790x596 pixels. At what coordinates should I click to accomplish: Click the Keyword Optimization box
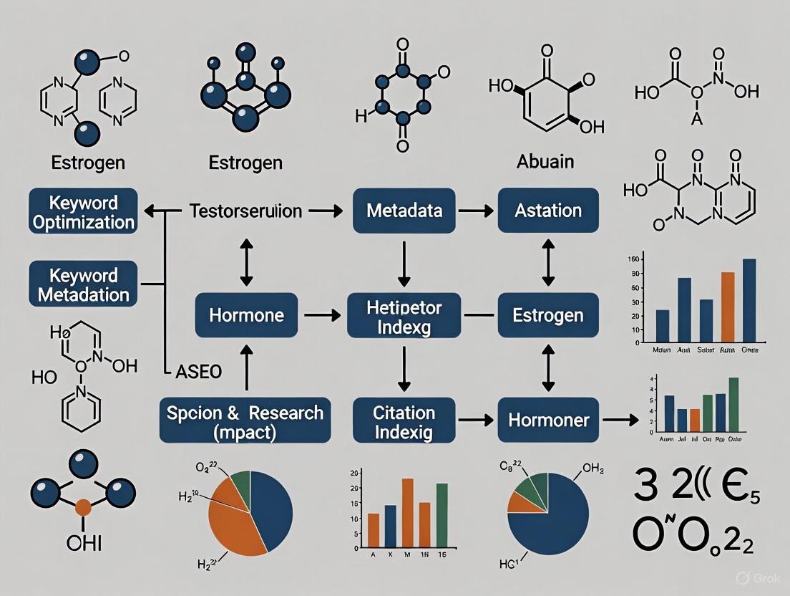point(84,211)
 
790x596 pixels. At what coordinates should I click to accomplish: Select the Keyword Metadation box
point(84,284)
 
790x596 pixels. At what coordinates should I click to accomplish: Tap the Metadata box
point(404,211)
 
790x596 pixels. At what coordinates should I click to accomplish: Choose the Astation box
point(548,211)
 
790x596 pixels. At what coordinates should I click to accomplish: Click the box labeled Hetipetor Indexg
point(404,315)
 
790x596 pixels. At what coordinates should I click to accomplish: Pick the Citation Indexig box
point(404,419)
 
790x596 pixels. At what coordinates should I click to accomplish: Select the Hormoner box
point(548,419)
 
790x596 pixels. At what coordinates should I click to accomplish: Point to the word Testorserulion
point(245,211)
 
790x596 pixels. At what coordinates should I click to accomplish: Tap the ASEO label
point(198,371)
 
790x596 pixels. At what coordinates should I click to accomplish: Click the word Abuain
point(546,161)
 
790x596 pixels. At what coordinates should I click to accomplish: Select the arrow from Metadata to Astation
point(475,211)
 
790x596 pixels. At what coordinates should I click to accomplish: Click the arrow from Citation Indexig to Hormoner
point(475,419)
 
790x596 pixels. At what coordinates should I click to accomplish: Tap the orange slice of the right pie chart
point(517,501)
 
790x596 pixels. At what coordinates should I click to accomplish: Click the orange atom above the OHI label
point(83,508)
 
